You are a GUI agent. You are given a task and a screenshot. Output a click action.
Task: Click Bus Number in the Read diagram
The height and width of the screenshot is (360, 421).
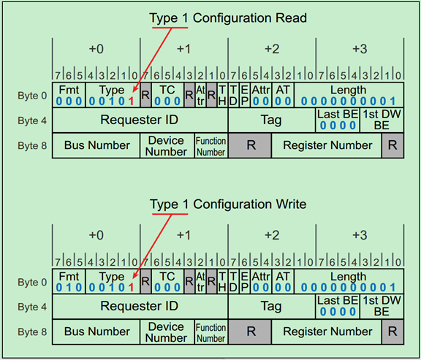(96, 145)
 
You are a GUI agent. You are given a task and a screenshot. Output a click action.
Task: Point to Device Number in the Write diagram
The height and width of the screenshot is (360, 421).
(166, 332)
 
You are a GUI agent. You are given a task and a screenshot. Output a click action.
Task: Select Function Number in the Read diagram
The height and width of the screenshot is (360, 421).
(210, 145)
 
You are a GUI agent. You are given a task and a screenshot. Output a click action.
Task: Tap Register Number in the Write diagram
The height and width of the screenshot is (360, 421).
(327, 332)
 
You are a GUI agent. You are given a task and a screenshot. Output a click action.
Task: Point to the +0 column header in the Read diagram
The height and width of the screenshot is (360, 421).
(96, 49)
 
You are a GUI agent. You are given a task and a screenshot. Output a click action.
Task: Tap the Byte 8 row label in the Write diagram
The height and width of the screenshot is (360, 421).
(32, 332)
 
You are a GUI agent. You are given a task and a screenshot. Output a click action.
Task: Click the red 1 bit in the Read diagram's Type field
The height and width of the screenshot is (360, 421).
(132, 102)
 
